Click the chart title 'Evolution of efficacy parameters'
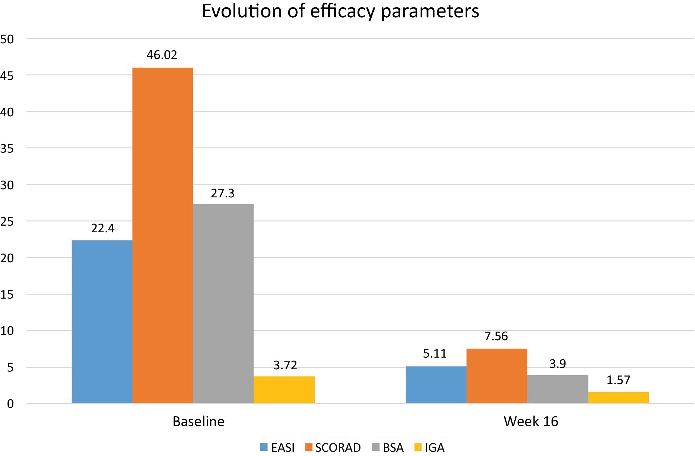click(340, 12)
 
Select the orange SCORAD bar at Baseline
click(163, 235)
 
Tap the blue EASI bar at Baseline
click(102, 322)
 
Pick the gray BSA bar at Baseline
click(223, 304)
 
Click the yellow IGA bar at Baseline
click(284, 390)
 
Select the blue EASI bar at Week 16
click(436, 385)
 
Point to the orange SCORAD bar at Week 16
click(497, 376)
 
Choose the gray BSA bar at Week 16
click(557, 389)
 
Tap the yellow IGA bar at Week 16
click(618, 398)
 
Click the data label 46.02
click(162, 55)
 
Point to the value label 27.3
click(223, 193)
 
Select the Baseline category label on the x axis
click(198, 422)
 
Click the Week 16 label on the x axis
click(531, 422)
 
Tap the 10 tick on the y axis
click(7, 331)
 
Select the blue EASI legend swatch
click(264, 447)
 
